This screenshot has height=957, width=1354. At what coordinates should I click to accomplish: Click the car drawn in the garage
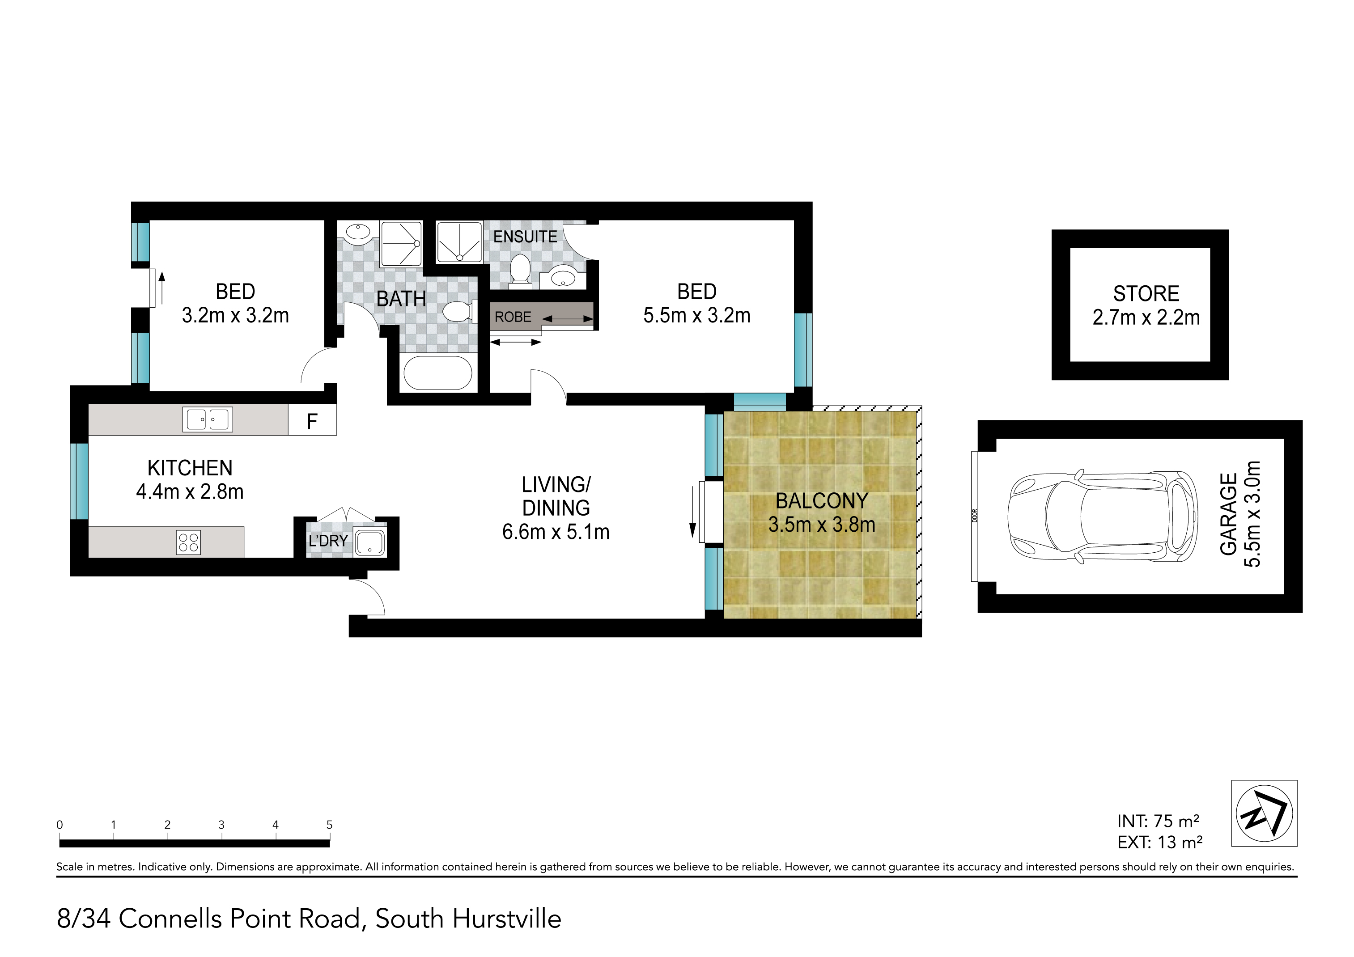(x=1102, y=517)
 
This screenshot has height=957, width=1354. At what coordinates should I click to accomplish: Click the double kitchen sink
(x=208, y=419)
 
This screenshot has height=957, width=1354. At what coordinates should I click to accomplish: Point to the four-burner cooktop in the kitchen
(x=189, y=542)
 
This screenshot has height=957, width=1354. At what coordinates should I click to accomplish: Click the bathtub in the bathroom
(x=437, y=373)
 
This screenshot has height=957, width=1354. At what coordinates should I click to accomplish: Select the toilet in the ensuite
(x=520, y=270)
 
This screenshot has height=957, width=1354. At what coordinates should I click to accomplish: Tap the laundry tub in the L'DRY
(x=370, y=542)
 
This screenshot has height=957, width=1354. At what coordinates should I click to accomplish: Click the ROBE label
(x=513, y=317)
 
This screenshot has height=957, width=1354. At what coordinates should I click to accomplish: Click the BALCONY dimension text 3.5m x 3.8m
(x=822, y=524)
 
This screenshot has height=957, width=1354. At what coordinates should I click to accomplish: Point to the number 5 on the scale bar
(x=329, y=824)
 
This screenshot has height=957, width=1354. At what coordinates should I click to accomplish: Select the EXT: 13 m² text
(x=1159, y=842)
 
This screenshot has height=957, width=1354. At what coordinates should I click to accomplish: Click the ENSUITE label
(x=525, y=237)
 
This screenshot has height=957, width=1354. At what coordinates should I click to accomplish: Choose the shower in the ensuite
(x=459, y=242)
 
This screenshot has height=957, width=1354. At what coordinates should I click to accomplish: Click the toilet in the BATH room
(x=459, y=311)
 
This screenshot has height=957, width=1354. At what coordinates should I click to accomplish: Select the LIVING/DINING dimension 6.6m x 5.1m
(x=556, y=532)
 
